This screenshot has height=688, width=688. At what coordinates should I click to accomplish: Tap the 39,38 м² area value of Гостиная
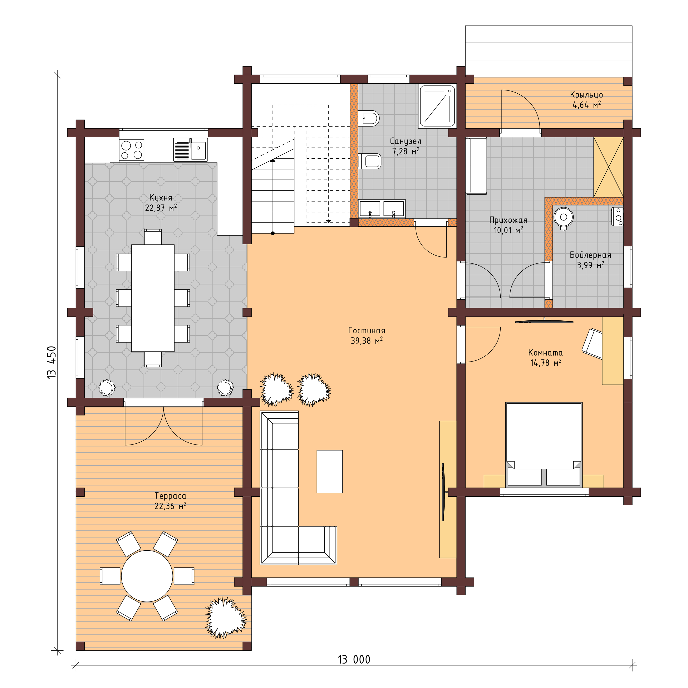[x=367, y=341]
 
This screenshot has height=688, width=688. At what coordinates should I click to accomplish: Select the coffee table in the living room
[x=329, y=471]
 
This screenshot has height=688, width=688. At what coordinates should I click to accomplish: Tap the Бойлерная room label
[x=590, y=255]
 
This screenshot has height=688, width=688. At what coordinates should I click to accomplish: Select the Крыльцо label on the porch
[x=586, y=95]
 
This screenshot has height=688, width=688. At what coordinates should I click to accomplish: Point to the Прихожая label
[x=508, y=220]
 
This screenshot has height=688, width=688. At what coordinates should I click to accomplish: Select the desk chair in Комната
[x=591, y=341]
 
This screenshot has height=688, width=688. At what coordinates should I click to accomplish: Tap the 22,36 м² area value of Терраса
[x=170, y=506]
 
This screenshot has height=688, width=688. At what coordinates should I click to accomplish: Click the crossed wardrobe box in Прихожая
[x=608, y=167]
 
